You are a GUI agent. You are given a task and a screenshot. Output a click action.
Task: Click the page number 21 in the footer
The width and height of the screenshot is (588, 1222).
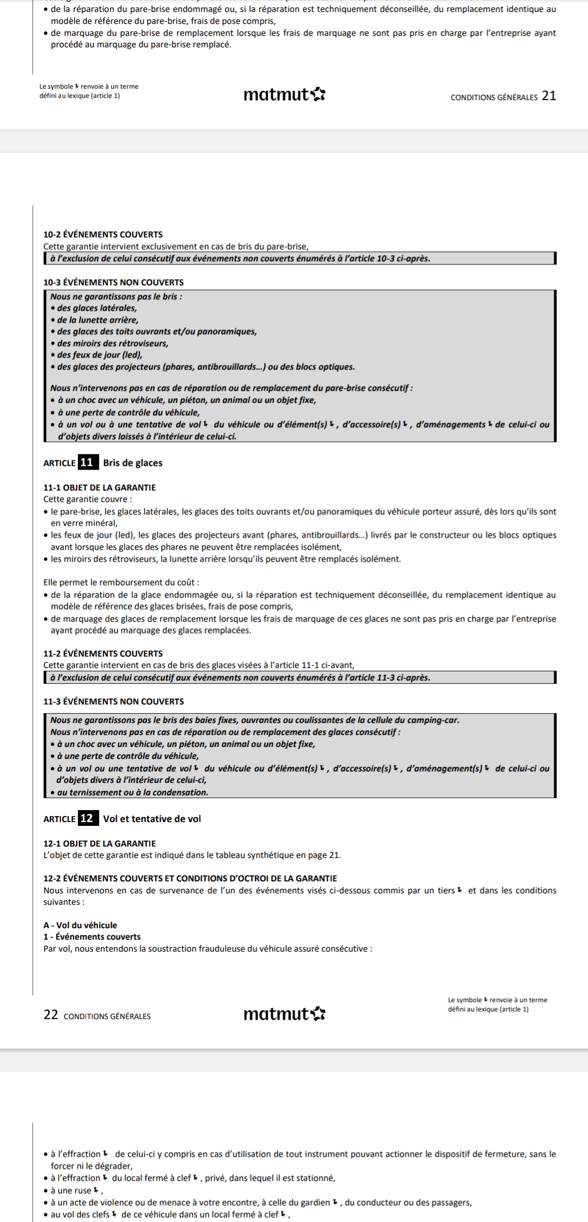549,96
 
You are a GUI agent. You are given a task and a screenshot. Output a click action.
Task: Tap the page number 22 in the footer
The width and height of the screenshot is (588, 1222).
51,1015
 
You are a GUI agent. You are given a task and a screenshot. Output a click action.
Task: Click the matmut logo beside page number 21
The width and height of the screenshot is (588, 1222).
284,95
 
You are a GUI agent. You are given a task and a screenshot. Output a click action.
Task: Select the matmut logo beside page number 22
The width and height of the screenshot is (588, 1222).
284,1014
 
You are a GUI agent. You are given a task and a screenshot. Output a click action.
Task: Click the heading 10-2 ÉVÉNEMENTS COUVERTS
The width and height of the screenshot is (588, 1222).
103,234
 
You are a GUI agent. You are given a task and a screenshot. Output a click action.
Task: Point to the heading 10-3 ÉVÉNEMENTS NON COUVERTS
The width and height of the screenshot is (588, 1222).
113,282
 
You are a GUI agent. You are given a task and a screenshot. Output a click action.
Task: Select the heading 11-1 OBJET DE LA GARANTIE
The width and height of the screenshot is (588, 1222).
99,487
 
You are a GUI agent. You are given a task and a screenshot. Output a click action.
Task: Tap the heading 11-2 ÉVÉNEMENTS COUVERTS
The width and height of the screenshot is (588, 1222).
103,653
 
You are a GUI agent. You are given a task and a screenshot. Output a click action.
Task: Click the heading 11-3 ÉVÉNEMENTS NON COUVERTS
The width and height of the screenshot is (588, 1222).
113,701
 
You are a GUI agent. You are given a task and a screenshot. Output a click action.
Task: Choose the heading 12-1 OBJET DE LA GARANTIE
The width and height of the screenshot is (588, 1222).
99,843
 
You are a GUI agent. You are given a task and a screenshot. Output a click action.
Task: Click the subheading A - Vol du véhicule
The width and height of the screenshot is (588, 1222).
80,925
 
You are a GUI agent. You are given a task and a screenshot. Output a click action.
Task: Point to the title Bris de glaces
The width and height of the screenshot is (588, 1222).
132,463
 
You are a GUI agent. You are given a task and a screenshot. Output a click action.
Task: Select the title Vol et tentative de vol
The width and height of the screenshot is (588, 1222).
152,819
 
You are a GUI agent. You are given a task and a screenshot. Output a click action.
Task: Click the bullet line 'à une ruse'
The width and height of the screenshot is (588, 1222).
72,1190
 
